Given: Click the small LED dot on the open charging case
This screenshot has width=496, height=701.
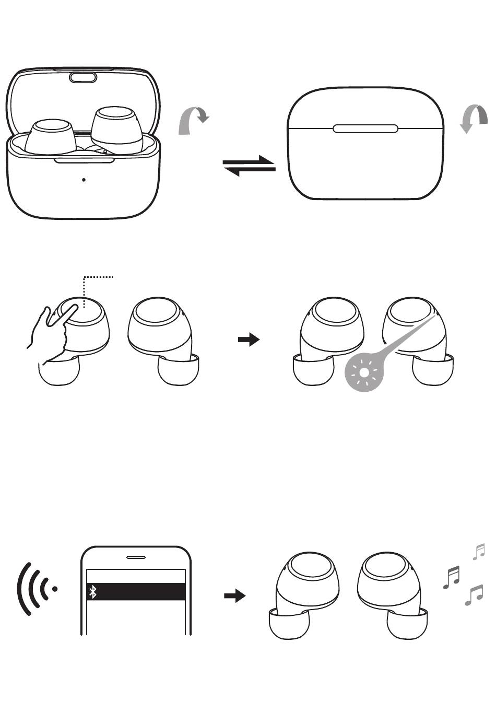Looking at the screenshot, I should pyautogui.click(x=84, y=180).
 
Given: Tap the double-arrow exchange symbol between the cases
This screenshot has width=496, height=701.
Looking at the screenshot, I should pyautogui.click(x=249, y=166).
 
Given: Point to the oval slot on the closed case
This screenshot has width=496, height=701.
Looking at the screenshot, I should pyautogui.click(x=365, y=128).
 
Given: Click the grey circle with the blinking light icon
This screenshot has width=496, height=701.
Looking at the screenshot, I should pyautogui.click(x=365, y=372).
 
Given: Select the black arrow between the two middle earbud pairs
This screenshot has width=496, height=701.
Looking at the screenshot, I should pyautogui.click(x=249, y=341).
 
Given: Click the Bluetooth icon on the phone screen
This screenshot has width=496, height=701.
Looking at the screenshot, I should pyautogui.click(x=93, y=592).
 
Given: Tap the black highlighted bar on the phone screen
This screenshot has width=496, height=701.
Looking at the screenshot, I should pyautogui.click(x=136, y=592).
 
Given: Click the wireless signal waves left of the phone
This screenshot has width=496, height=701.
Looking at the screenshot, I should pyautogui.click(x=37, y=589).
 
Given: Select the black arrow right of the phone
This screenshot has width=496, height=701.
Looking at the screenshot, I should pyautogui.click(x=234, y=596).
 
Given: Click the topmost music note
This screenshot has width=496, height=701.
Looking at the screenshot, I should pyautogui.click(x=479, y=552).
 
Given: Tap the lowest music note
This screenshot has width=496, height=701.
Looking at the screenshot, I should pyautogui.click(x=474, y=595).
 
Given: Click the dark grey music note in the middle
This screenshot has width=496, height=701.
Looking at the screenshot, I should pyautogui.click(x=452, y=577).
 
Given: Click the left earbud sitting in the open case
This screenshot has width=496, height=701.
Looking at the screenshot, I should pyautogui.click(x=50, y=137).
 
